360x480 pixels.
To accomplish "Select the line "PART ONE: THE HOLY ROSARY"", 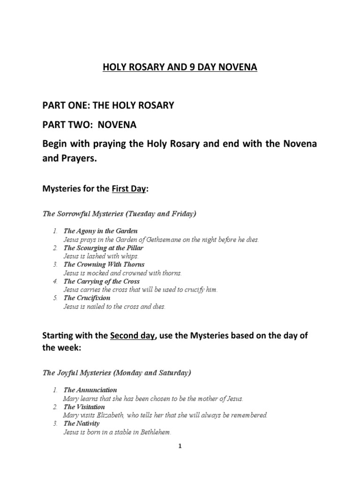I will [x=108, y=105].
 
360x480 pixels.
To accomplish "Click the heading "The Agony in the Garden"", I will [x=101, y=231].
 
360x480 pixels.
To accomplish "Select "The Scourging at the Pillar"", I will [x=104, y=247].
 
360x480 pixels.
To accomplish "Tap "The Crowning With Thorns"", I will [x=104, y=264].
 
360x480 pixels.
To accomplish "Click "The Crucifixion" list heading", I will [x=87, y=298].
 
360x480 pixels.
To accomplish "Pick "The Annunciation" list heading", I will [x=90, y=390].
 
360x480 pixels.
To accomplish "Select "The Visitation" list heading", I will [x=84, y=407].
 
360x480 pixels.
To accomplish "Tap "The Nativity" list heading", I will [x=82, y=424].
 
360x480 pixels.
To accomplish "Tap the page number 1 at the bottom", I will [x=180, y=447].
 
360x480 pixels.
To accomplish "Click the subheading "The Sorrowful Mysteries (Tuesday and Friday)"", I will [x=119, y=214].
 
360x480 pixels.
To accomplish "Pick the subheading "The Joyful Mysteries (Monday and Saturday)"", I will [x=116, y=373].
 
